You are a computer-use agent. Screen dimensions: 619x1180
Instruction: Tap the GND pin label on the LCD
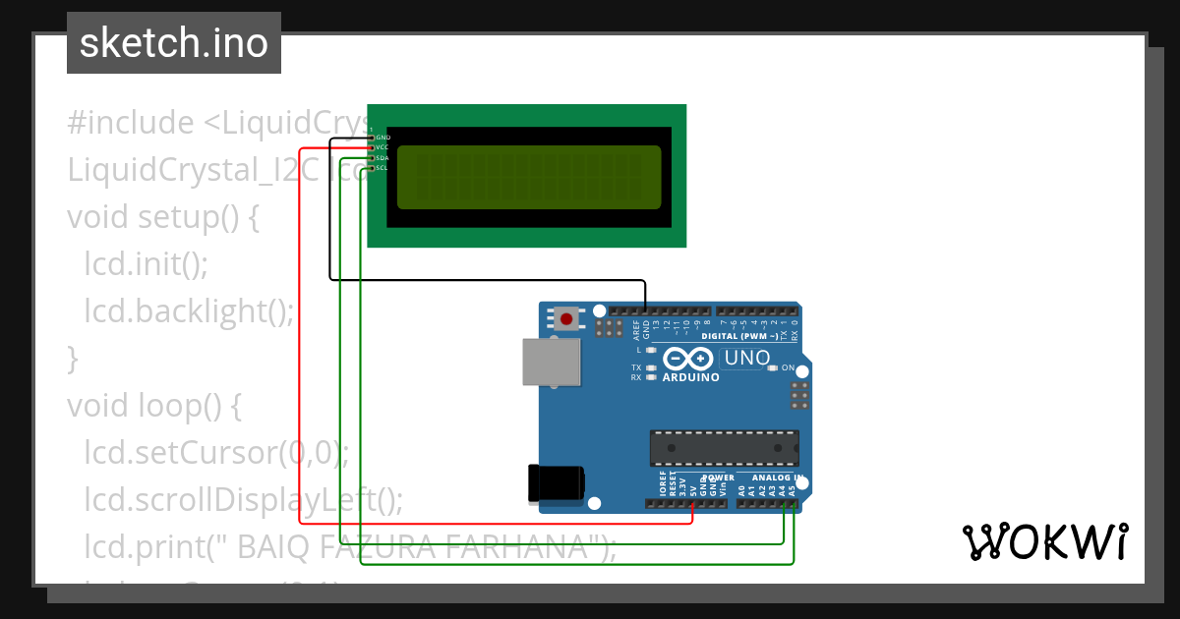pos(383,138)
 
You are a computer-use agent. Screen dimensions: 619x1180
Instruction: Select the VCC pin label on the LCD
pos(383,147)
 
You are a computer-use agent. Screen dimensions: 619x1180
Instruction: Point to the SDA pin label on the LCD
pos(383,158)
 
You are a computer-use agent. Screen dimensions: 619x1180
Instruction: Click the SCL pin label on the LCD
pos(383,168)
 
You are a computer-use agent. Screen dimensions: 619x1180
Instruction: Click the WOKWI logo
pos(1044,541)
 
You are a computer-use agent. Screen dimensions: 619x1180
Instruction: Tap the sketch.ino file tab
pos(174,43)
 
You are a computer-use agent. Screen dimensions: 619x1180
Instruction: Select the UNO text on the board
pos(746,359)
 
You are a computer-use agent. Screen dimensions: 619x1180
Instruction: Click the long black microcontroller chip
pos(724,447)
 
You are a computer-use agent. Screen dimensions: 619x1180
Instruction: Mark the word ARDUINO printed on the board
pos(689,376)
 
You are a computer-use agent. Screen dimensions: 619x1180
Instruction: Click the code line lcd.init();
pos(147,262)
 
